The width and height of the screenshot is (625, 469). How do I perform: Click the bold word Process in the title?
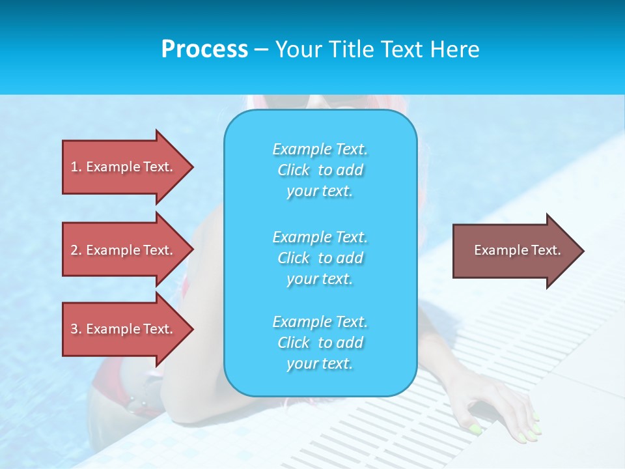(x=204, y=50)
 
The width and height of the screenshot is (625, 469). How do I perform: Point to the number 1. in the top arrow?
(x=76, y=167)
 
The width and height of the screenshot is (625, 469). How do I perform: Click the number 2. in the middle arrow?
(x=76, y=250)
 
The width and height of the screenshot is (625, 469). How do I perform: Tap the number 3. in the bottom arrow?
(x=76, y=329)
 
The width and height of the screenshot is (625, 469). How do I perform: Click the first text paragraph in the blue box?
(x=320, y=170)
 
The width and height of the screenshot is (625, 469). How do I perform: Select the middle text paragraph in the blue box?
(x=320, y=258)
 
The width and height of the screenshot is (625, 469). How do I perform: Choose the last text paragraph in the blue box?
(x=320, y=343)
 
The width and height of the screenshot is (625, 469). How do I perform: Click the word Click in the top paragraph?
(x=294, y=170)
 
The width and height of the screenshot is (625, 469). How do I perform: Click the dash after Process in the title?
(x=262, y=50)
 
